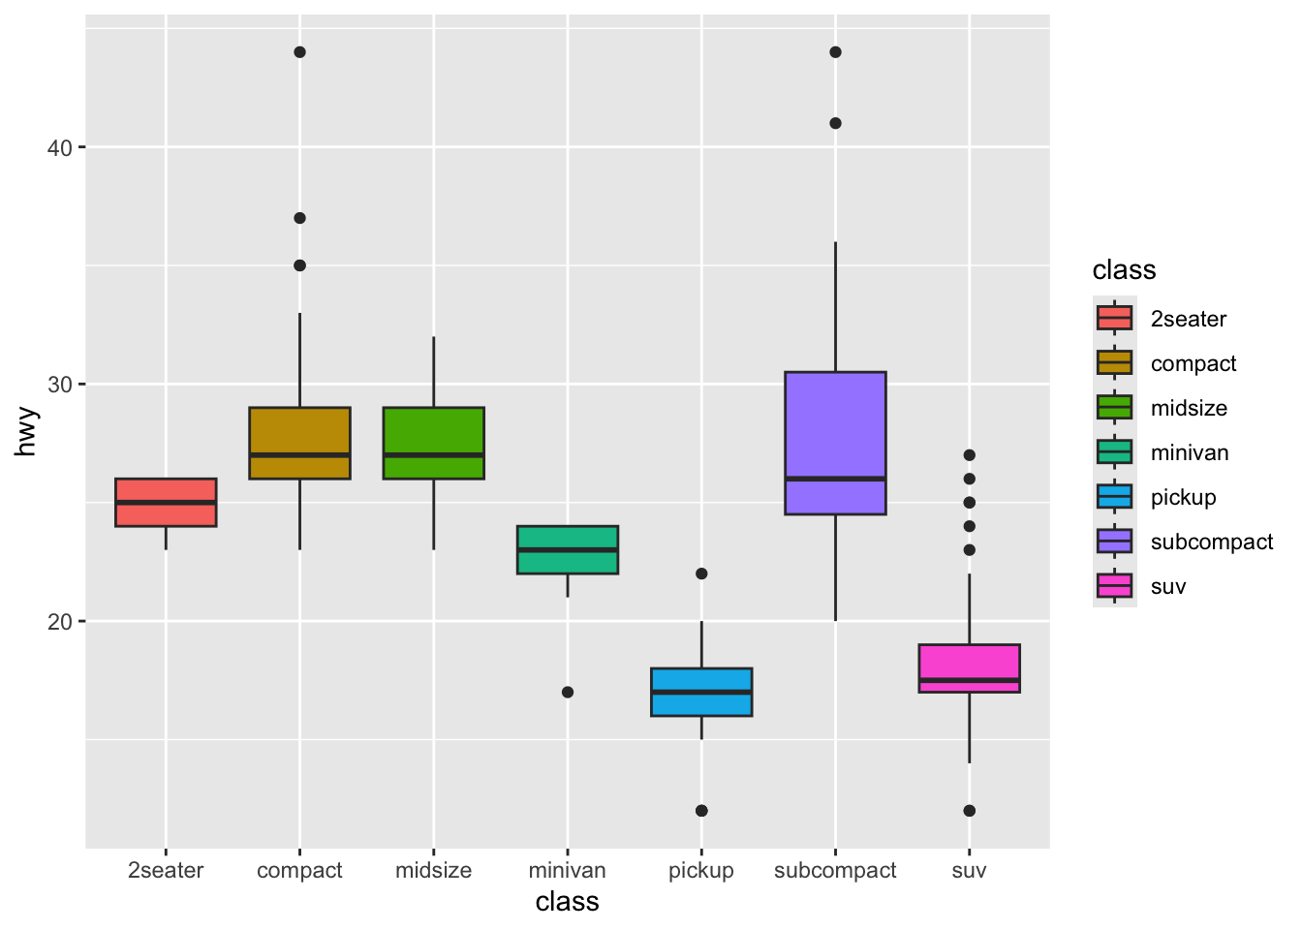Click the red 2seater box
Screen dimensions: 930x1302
(x=166, y=502)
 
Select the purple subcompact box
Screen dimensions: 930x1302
(x=835, y=443)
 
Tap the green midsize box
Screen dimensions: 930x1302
(x=433, y=443)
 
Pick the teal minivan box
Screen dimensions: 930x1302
(x=568, y=549)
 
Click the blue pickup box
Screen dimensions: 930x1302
(x=701, y=692)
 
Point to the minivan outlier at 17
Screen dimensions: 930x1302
(x=568, y=692)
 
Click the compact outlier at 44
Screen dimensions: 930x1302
(x=299, y=52)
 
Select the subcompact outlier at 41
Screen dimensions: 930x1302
(x=835, y=123)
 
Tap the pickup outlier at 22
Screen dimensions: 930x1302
(x=701, y=573)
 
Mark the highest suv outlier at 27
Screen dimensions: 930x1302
(x=969, y=455)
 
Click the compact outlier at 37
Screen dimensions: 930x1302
(x=299, y=218)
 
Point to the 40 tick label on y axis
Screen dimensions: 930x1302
(x=61, y=147)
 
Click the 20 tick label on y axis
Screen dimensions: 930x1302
(x=61, y=621)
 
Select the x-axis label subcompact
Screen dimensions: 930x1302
(x=835, y=870)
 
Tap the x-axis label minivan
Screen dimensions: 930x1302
(x=568, y=870)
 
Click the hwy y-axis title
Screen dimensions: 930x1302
(x=26, y=432)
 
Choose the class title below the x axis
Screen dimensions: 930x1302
(x=568, y=902)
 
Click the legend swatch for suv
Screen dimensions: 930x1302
(x=1114, y=585)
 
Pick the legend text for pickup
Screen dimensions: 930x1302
(x=1183, y=497)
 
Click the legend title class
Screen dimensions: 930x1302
(x=1124, y=270)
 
